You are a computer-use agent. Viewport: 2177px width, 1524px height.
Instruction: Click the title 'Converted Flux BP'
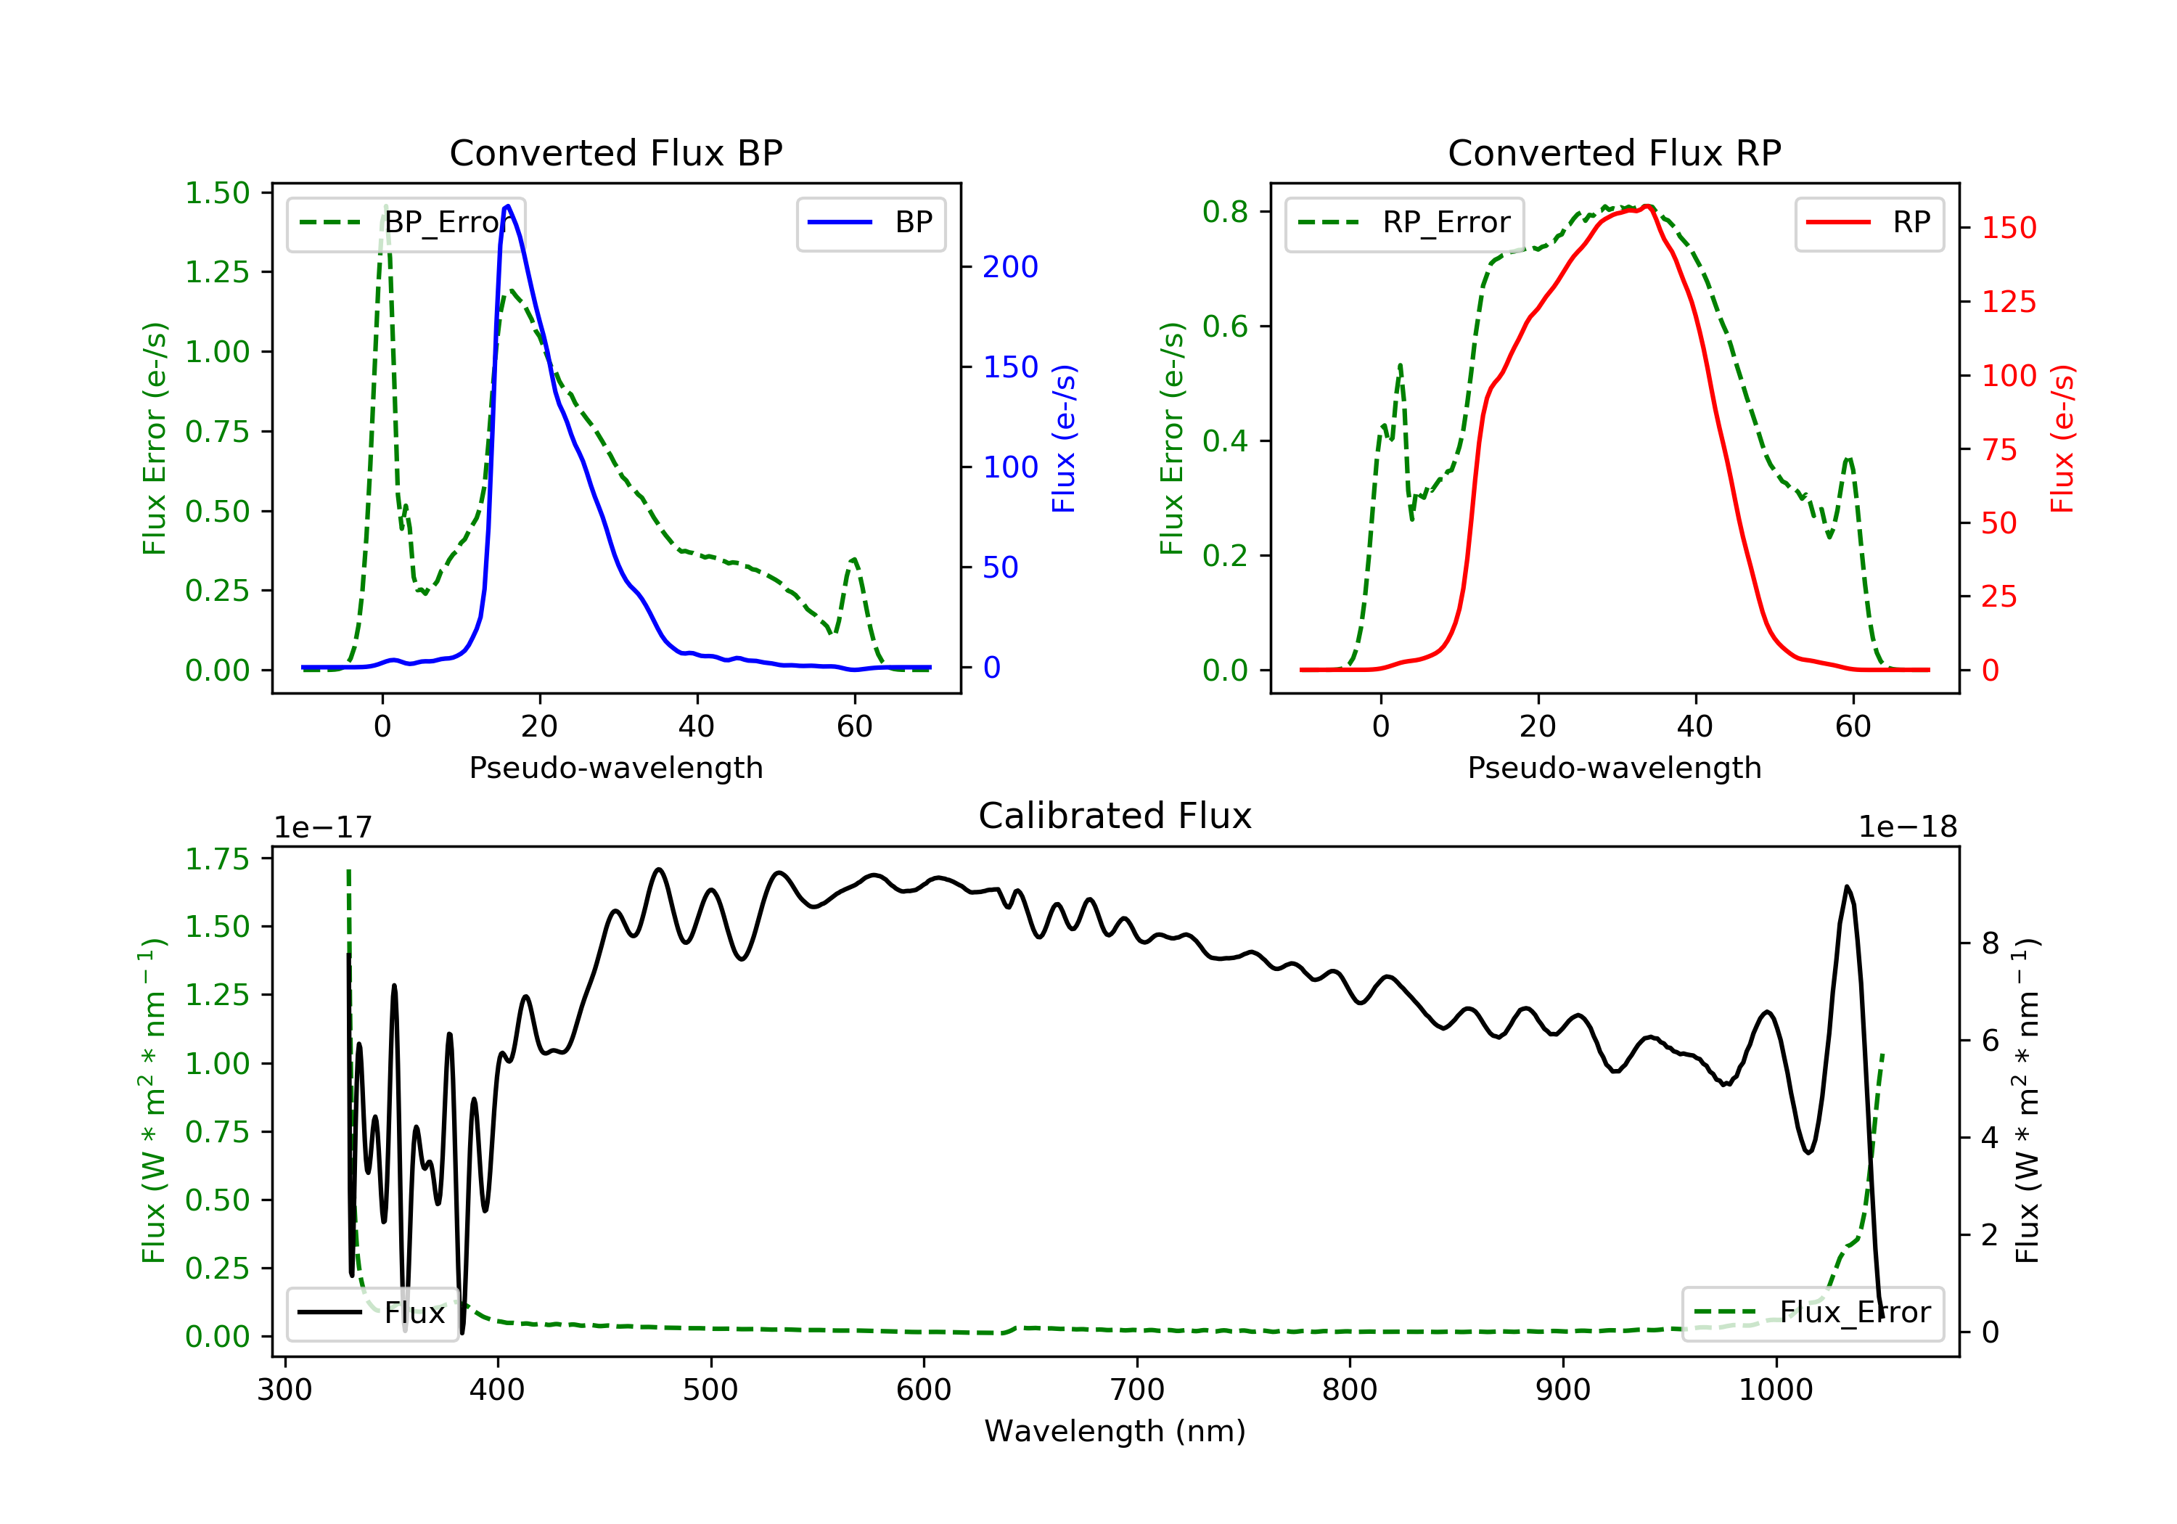pyautogui.click(x=615, y=152)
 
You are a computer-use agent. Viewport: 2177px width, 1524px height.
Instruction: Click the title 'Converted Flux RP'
pyautogui.click(x=1614, y=152)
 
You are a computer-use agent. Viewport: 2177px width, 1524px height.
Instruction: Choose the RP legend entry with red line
pyautogui.click(x=1869, y=223)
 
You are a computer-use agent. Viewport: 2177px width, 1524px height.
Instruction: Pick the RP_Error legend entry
pyautogui.click(x=1404, y=223)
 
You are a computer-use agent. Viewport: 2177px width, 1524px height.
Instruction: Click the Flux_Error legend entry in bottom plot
pyautogui.click(x=1812, y=1313)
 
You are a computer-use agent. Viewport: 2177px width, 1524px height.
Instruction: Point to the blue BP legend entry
pyautogui.click(x=870, y=223)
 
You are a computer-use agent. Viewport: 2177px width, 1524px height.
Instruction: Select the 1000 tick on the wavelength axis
pyautogui.click(x=1775, y=1390)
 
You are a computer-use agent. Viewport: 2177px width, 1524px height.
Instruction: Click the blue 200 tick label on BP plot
pyautogui.click(x=1010, y=268)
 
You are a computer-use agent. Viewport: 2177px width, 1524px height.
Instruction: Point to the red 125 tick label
pyautogui.click(x=2008, y=303)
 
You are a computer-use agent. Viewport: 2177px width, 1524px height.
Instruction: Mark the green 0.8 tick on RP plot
pyautogui.click(x=1225, y=211)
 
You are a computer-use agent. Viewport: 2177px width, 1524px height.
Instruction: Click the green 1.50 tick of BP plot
pyautogui.click(x=217, y=194)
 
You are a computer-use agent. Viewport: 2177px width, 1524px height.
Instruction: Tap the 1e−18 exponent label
pyautogui.click(x=1908, y=828)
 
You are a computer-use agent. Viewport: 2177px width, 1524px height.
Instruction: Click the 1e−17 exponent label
pyautogui.click(x=322, y=828)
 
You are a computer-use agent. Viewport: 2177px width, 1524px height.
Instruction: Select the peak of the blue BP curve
pyautogui.click(x=508, y=206)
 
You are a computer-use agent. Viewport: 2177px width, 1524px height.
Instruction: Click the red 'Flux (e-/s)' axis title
pyautogui.click(x=2062, y=438)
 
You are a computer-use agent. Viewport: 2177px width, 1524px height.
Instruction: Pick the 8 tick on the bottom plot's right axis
pyautogui.click(x=1991, y=943)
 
